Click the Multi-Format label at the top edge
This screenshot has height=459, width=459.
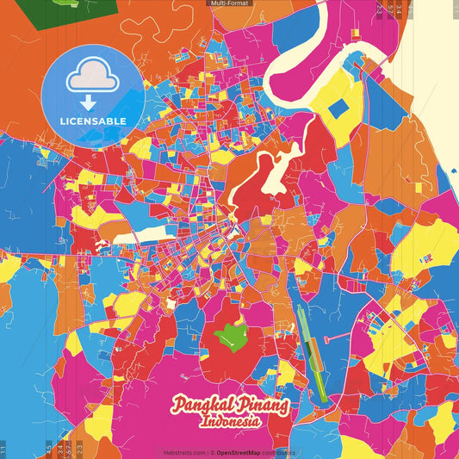click(229, 3)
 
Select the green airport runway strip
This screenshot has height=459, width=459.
click(311, 353)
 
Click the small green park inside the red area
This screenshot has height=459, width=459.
click(230, 335)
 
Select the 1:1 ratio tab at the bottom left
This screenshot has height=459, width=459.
click(3, 449)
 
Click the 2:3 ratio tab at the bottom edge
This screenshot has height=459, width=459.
click(79, 449)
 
